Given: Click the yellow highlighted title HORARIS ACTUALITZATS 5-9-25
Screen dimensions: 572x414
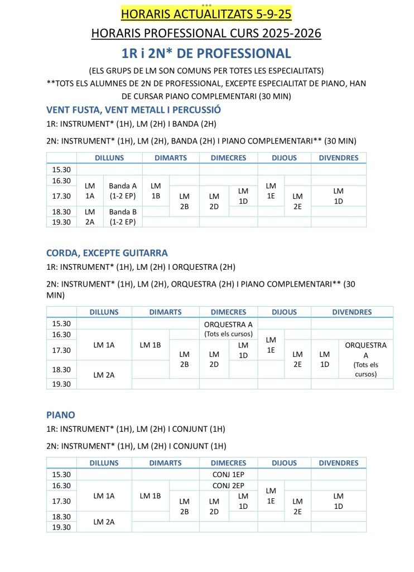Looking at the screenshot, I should pos(206,14).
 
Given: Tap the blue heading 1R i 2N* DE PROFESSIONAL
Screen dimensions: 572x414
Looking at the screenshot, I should pos(206,53).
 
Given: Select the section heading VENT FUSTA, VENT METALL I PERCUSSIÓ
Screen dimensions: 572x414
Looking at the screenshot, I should pos(133,109).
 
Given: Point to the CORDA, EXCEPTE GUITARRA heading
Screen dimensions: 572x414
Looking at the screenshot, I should pos(107,253).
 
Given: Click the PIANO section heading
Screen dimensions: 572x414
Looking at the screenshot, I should pos(60,415).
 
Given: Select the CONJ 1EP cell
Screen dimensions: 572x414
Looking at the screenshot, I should pos(228,474).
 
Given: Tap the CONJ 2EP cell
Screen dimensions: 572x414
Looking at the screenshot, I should pos(228,485).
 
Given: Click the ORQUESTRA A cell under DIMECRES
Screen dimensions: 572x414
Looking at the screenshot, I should pos(228,329).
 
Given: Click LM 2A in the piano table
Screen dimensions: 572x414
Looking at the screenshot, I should pos(104,522).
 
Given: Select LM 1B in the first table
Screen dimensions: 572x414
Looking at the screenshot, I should pos(156,190).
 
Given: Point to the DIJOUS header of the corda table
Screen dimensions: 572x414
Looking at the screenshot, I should pos(284,312).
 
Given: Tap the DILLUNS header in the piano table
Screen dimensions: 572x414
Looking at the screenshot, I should pos(104,463).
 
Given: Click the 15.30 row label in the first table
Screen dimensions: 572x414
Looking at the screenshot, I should pos(61,169).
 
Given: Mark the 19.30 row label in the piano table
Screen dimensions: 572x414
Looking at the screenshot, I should pos(61,527).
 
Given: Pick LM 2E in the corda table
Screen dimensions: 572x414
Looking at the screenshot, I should pos(297,359).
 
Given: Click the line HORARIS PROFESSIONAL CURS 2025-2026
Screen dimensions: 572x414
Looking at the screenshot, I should pos(206,34).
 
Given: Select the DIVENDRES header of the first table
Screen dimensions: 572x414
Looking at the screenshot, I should pos(338,158).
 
